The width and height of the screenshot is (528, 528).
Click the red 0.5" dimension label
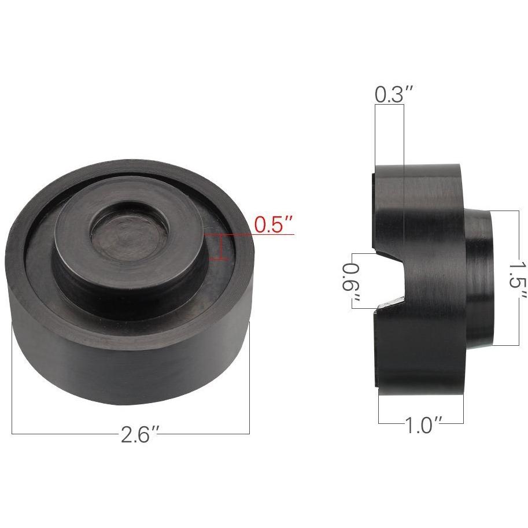tap(273, 224)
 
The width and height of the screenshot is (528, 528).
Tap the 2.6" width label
tap(139, 434)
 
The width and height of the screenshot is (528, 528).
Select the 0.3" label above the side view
tap(394, 94)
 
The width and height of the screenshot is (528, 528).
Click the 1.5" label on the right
tap(518, 278)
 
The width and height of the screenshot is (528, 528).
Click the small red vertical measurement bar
tap(221, 248)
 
